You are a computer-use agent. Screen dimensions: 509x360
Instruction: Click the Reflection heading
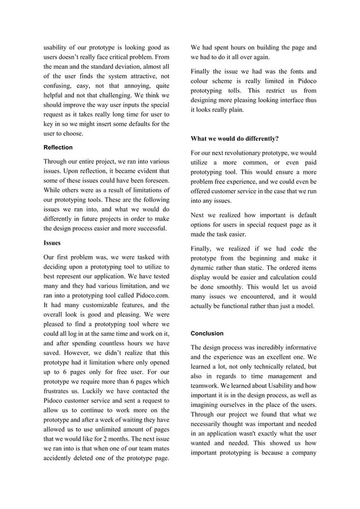coord(58,147)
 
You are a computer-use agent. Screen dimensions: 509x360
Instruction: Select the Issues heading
coord(54,243)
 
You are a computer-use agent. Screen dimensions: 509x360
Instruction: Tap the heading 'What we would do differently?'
coord(234,139)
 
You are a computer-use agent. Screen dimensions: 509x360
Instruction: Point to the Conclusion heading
coord(207,334)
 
